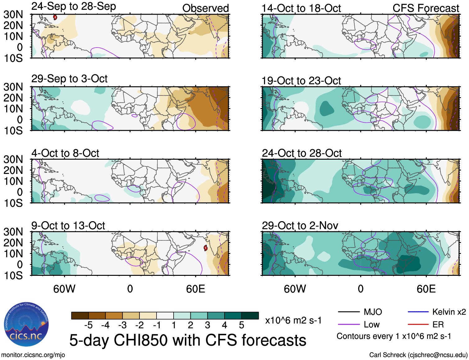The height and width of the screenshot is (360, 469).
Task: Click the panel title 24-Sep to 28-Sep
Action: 74,7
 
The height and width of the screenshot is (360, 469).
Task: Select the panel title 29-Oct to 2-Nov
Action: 300,226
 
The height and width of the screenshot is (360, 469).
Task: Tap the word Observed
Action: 205,8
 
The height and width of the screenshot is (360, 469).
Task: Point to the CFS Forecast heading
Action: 426,8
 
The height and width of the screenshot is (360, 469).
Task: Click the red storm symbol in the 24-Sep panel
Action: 55,17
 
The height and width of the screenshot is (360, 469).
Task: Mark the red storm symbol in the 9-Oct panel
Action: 205,248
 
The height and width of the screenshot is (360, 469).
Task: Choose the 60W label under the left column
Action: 64,289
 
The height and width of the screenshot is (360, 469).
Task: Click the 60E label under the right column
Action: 426,289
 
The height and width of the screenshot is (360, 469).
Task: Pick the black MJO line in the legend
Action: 348,312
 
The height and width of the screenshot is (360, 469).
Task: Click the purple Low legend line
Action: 348,325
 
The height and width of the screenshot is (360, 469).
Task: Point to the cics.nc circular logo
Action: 26,325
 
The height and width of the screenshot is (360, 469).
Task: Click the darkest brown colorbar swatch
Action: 80,316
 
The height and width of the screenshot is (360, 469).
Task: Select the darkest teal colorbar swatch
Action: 250,316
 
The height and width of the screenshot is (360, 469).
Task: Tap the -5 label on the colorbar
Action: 88,325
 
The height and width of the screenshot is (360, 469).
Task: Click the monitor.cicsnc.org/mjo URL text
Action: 33,355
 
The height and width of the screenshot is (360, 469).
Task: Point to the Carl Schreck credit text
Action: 418,355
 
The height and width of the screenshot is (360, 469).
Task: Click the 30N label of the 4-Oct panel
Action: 13,159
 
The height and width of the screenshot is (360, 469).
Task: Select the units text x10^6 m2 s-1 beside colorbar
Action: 293,320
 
